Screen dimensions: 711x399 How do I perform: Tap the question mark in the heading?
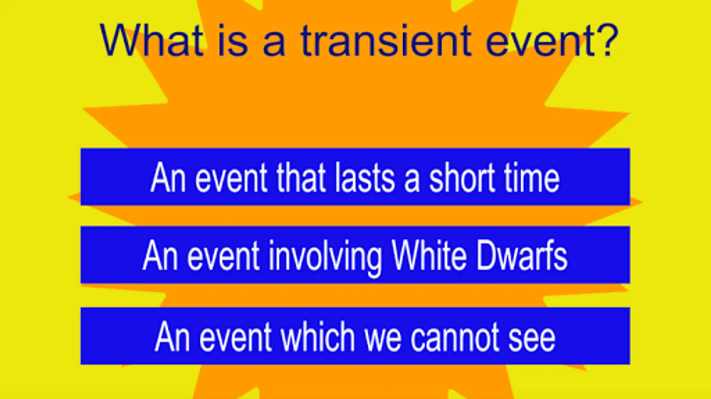(x=607, y=40)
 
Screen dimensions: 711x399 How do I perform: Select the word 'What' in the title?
(x=151, y=40)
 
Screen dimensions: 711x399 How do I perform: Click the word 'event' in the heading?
(x=540, y=41)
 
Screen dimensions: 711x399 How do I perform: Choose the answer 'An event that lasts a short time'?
(x=355, y=177)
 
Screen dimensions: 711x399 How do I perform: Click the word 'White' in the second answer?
(x=429, y=255)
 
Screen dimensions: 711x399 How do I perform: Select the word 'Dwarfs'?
(x=522, y=255)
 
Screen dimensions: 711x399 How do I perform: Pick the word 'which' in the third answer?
(x=317, y=336)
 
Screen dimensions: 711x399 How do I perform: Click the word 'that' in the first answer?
(x=301, y=177)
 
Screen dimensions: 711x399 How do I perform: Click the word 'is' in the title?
(x=233, y=40)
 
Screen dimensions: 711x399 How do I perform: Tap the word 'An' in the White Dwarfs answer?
(x=160, y=255)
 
